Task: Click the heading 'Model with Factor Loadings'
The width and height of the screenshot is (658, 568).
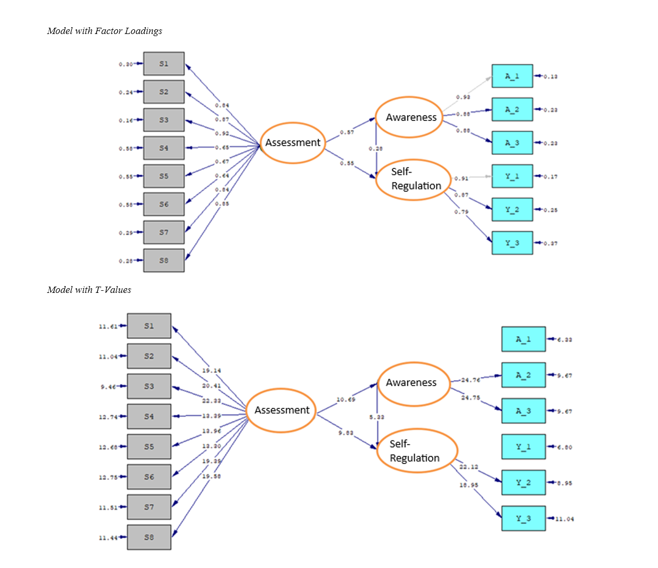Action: [x=105, y=31]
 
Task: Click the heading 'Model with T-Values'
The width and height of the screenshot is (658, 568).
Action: [x=89, y=290]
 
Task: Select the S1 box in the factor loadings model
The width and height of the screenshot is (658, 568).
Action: [x=164, y=64]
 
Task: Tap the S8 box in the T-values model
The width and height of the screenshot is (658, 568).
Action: [x=149, y=537]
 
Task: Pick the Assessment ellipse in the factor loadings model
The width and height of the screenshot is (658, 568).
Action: [x=293, y=143]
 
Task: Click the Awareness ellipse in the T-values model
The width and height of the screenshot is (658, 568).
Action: [x=411, y=383]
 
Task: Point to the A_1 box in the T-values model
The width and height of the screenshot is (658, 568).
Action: [x=523, y=339]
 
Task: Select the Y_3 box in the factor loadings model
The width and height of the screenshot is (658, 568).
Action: [x=512, y=243]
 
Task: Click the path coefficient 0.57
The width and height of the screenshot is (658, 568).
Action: [x=347, y=132]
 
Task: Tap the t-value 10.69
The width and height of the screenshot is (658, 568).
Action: [x=346, y=400]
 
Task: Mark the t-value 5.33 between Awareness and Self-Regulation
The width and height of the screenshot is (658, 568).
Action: [x=377, y=417]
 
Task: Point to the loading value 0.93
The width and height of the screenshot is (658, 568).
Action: [x=463, y=97]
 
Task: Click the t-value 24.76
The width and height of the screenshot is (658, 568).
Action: [x=470, y=380]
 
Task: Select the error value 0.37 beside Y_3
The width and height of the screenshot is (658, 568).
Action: [x=550, y=243]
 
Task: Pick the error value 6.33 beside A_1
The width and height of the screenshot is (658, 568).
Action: [x=564, y=340]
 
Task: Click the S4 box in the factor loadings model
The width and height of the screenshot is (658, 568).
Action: [x=164, y=148]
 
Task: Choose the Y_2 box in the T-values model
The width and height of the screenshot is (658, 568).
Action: [x=523, y=483]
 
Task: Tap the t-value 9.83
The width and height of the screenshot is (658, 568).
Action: [x=346, y=433]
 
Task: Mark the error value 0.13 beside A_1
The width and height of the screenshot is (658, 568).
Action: [x=550, y=76]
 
